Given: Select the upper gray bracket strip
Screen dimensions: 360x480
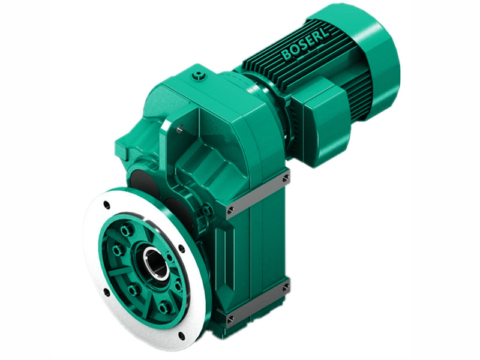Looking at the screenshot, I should tap(258, 193).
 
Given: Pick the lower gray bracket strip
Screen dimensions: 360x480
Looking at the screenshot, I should tap(258, 301).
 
